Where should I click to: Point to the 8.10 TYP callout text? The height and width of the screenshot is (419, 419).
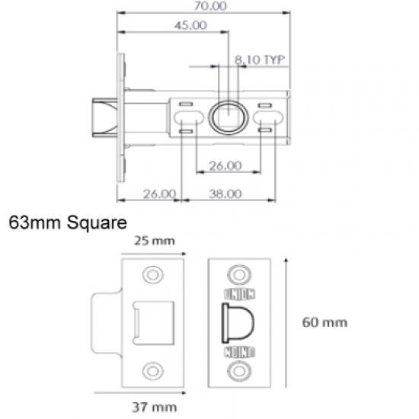point(259,58)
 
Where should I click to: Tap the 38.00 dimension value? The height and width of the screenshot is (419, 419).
point(225,194)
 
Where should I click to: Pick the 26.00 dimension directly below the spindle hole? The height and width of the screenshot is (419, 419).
point(225,165)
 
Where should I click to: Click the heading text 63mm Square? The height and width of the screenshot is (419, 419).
point(67,224)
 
